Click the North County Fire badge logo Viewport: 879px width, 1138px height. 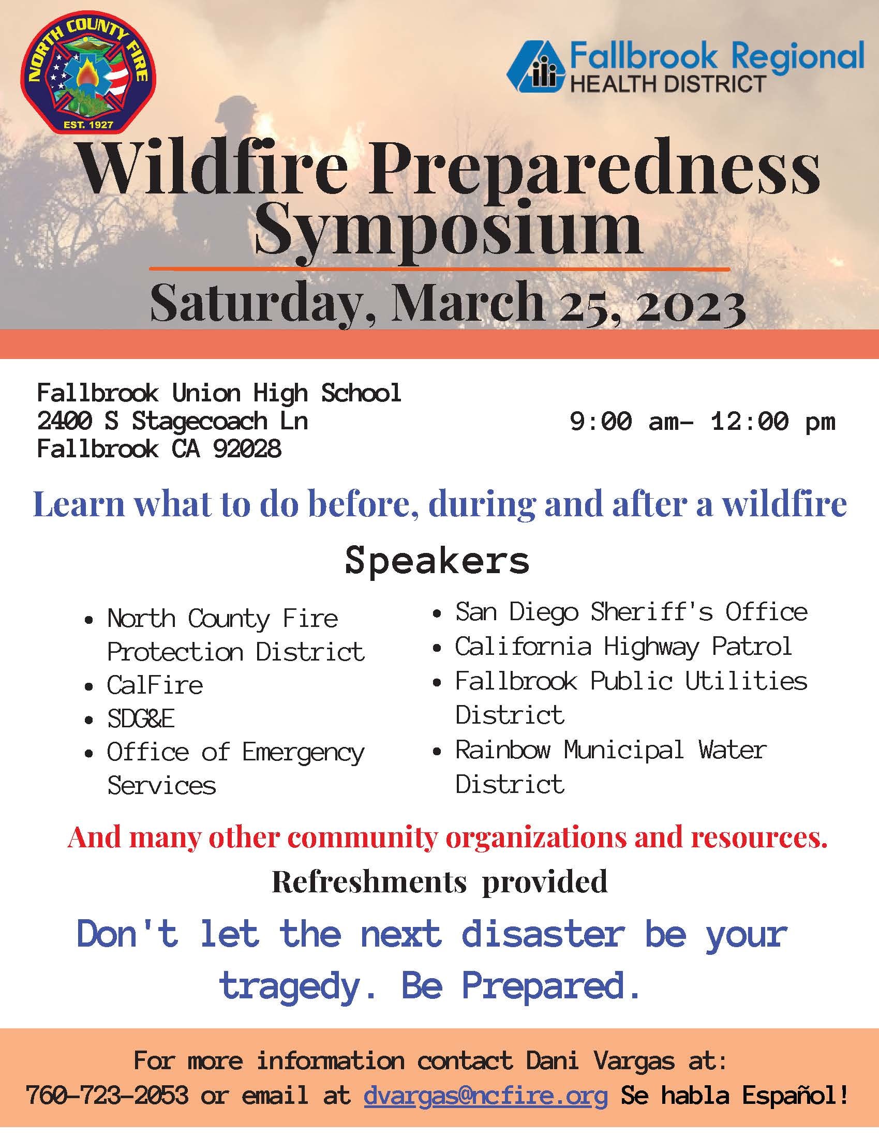click(x=88, y=71)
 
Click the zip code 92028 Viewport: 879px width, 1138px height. click(x=247, y=448)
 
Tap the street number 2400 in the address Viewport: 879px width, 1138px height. click(x=65, y=421)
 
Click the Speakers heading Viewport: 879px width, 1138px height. click(x=437, y=561)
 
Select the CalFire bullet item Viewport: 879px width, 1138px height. click(x=155, y=685)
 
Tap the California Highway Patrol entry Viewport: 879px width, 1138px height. click(x=624, y=647)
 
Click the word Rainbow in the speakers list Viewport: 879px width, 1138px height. click(x=503, y=750)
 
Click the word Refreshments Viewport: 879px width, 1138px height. click(x=369, y=881)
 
